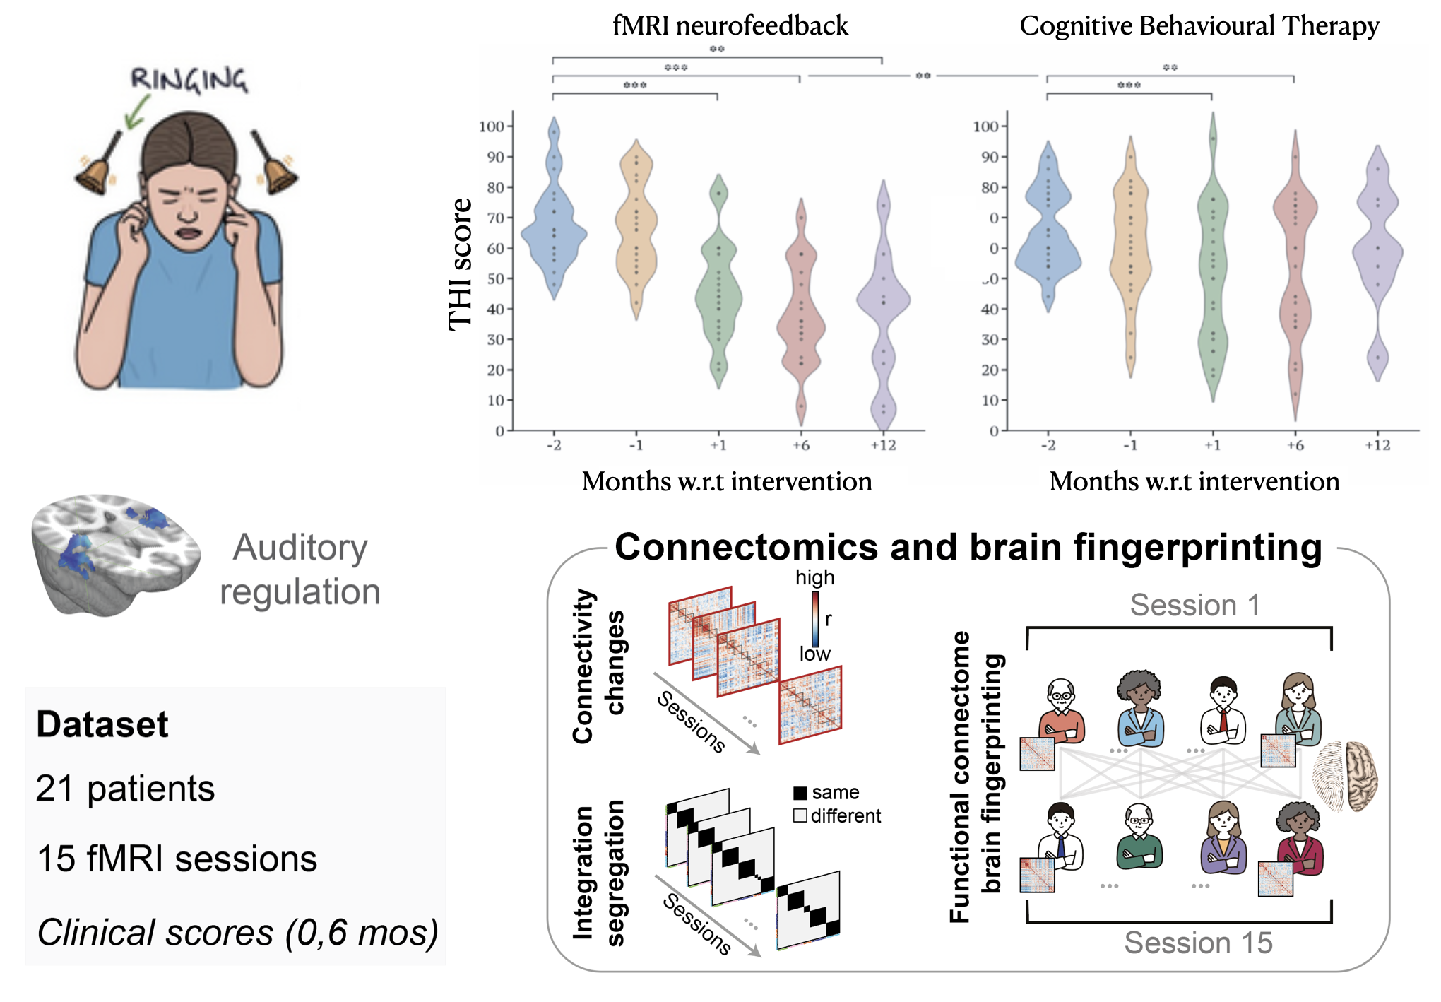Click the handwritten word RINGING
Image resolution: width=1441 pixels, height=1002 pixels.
[x=189, y=79]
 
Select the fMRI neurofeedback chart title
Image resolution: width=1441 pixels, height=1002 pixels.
[x=730, y=26]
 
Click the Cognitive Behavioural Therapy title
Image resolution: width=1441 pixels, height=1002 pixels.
[x=1199, y=26]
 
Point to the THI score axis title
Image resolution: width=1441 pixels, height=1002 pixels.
[x=460, y=264]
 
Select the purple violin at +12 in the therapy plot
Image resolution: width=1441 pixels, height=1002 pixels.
[x=1377, y=254]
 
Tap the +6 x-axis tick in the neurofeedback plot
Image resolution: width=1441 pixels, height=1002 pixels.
[x=800, y=445]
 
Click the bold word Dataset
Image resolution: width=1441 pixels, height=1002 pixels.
[x=102, y=724]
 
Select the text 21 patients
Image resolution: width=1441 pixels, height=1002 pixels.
[x=125, y=789]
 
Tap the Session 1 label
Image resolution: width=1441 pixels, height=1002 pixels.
[x=1194, y=605]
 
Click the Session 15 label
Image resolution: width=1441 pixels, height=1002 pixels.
[x=1198, y=943]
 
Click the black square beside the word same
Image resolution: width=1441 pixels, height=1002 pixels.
[x=800, y=793]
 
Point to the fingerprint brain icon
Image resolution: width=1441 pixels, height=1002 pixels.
[x=1345, y=776]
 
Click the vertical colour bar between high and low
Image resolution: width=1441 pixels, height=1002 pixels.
[x=815, y=618]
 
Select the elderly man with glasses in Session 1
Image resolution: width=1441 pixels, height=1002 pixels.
[x=1061, y=710]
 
